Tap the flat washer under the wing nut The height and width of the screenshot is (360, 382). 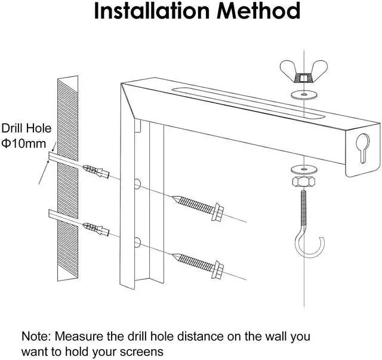(x=303, y=94)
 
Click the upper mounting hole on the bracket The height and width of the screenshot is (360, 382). (x=137, y=183)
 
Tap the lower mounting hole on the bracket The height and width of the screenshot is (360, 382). (x=137, y=241)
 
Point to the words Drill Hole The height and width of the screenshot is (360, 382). (x=26, y=129)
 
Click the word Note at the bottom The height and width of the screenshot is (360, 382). (x=35, y=337)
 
